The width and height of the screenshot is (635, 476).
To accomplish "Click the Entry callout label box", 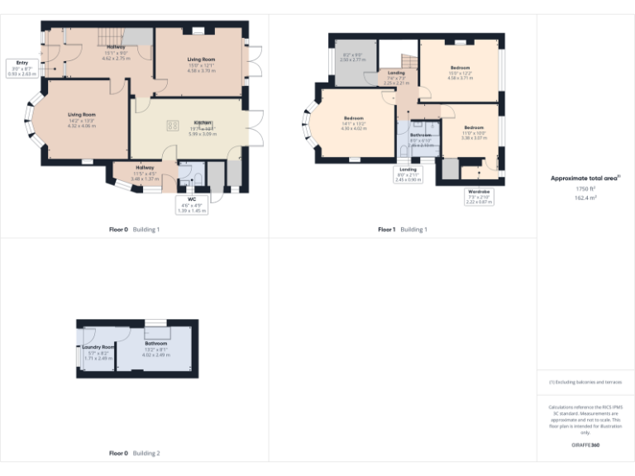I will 22,68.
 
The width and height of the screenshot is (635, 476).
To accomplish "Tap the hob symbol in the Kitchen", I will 174,126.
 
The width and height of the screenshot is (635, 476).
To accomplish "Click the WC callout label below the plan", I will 192,205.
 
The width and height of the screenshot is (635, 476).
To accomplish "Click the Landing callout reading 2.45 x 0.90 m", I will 408,174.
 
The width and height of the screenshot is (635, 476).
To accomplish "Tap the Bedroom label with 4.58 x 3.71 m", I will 460,72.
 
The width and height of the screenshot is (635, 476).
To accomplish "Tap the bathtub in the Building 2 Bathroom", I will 157,333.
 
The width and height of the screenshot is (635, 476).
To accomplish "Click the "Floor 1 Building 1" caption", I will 403,229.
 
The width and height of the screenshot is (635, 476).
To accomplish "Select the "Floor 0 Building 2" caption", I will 134,453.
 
